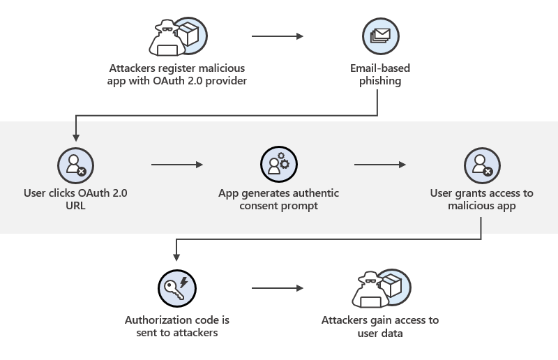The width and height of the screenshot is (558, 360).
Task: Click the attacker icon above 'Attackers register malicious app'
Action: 176,37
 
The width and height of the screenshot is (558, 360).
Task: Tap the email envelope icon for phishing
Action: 380,37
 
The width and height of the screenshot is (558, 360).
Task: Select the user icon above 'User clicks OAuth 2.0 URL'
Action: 75,165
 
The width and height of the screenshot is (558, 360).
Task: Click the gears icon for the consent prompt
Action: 278,165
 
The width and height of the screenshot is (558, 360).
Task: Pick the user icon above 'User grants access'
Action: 482,165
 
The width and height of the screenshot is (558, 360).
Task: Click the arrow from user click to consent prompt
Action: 176,165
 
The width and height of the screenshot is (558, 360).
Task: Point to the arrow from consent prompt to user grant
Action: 380,165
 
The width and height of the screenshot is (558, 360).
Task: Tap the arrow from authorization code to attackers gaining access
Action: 278,288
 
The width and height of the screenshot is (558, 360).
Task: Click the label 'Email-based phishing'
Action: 380,75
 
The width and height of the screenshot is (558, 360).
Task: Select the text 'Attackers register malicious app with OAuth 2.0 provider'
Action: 177,75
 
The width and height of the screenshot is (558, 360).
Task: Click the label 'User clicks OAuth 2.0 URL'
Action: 75,200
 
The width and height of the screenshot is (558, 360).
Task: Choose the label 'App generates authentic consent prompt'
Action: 278,200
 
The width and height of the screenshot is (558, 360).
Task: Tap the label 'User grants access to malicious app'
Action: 482,200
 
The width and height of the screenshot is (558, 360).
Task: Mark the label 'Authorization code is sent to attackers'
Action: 177,327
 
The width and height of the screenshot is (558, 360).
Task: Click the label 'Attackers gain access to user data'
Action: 380,327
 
